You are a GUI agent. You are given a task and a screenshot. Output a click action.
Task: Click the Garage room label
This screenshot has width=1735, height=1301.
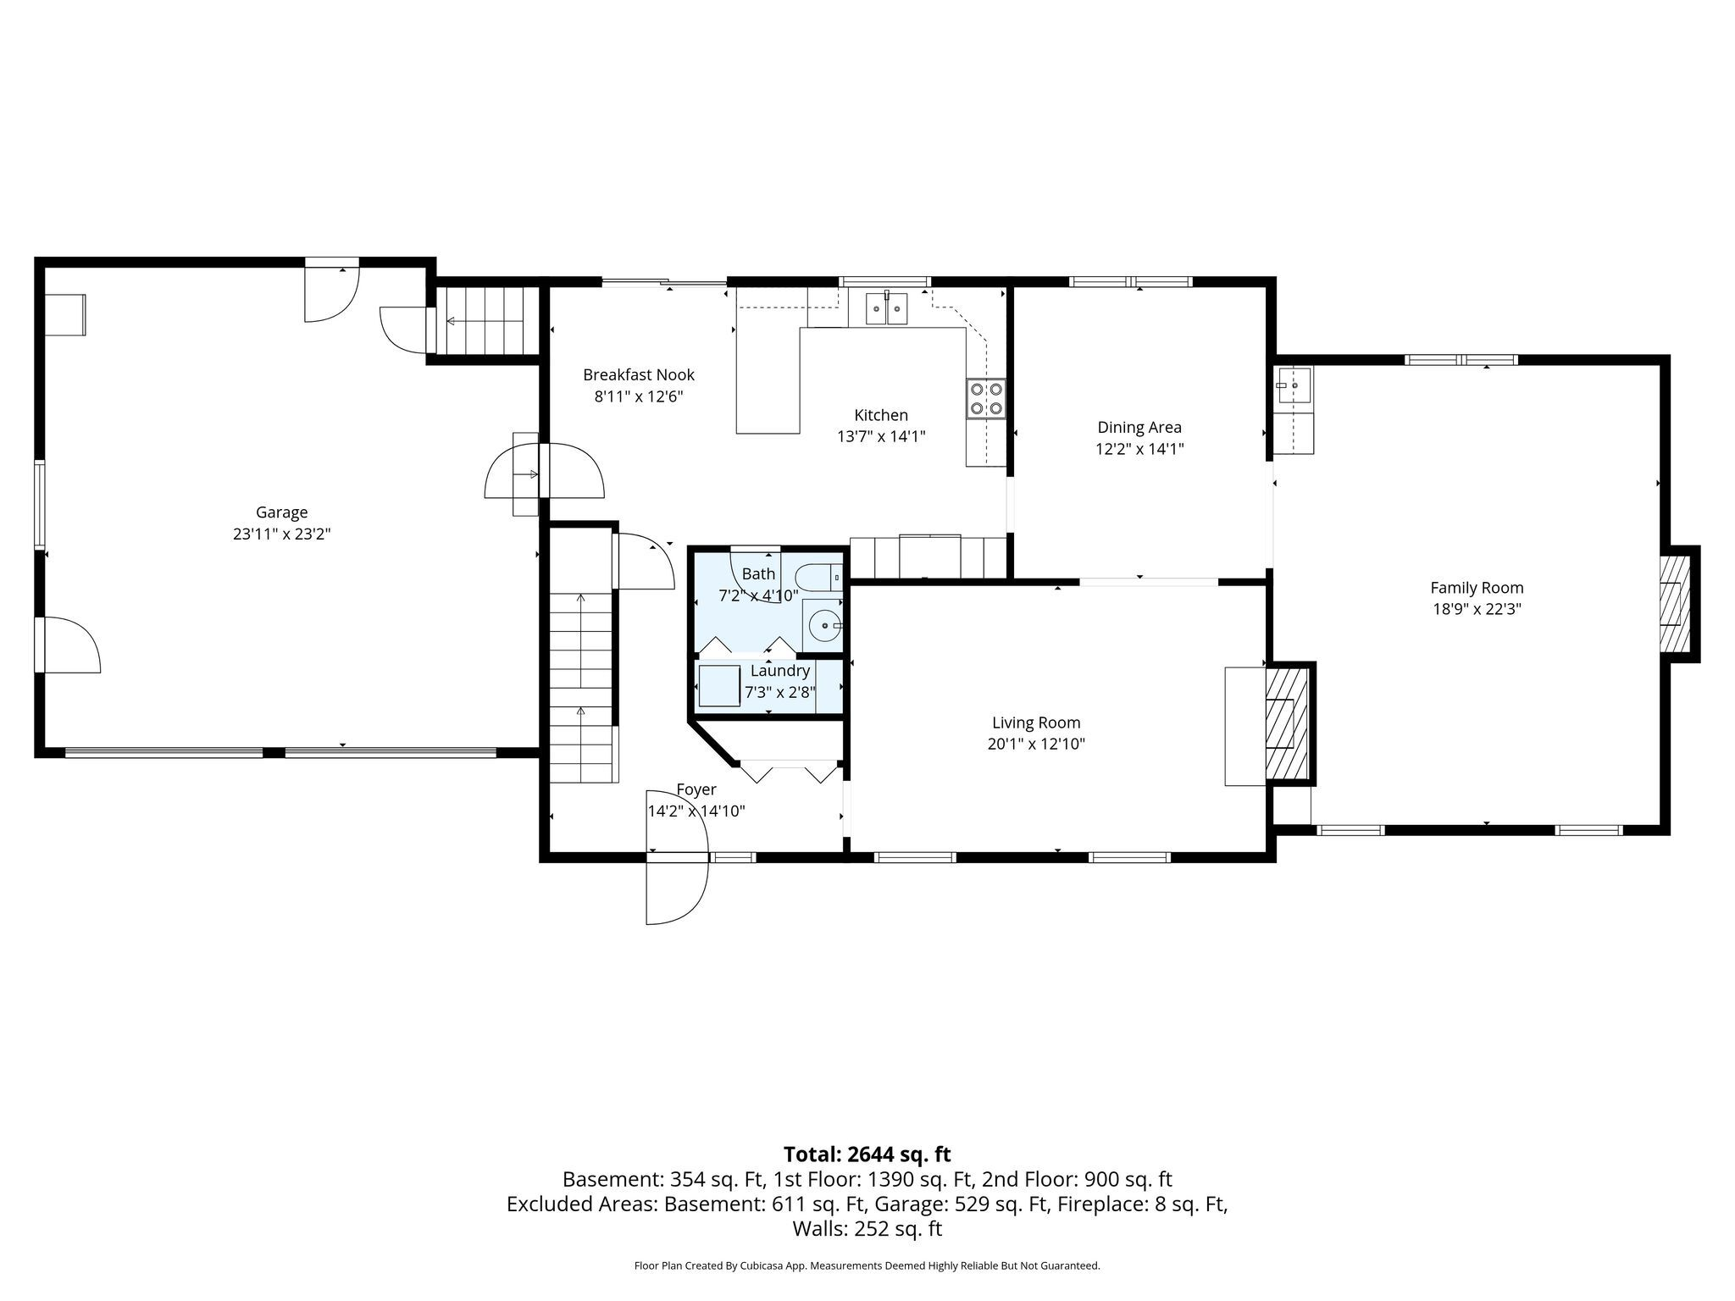[281, 512]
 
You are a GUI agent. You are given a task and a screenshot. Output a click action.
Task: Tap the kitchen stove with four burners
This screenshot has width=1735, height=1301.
[986, 399]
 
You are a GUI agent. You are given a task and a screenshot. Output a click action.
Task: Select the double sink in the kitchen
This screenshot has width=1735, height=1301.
[886, 309]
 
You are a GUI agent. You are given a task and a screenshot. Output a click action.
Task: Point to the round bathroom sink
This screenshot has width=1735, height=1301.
[823, 626]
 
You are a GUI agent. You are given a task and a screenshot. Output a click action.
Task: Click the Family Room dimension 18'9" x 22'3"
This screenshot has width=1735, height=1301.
[1477, 609]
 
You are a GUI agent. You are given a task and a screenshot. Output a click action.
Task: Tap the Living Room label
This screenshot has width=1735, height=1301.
[1036, 722]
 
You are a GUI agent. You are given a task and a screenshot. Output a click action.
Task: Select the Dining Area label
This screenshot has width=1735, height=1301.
[1139, 428]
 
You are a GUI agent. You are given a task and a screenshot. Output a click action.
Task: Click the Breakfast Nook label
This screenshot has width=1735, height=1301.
[639, 374]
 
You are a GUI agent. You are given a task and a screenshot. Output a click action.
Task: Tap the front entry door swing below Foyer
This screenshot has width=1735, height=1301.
[677, 892]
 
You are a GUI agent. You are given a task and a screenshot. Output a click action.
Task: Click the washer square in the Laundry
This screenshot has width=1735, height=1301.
[720, 686]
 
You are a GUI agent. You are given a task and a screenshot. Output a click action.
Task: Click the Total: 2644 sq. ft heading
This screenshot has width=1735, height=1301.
[867, 1154]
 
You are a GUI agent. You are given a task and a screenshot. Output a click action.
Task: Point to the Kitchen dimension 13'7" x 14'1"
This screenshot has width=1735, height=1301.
[881, 436]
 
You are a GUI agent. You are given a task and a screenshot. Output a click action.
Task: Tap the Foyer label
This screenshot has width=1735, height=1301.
[696, 789]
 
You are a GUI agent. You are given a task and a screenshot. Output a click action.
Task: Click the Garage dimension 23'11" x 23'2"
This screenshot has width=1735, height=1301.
[281, 534]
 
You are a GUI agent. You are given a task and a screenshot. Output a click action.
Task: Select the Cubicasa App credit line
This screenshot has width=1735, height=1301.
[867, 1266]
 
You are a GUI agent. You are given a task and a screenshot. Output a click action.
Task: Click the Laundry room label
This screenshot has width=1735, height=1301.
[780, 671]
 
